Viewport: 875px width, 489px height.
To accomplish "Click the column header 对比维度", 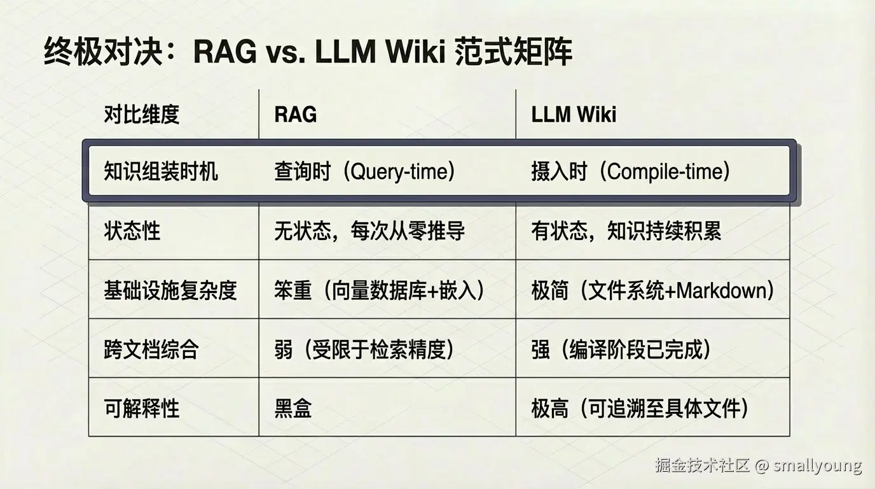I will (x=142, y=115).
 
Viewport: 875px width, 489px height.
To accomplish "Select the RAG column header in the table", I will (x=296, y=115).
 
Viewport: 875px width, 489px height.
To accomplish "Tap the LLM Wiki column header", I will (x=574, y=115).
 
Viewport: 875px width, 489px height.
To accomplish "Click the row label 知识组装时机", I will (x=161, y=172).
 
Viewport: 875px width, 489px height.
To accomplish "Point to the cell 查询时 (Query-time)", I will (x=365, y=172).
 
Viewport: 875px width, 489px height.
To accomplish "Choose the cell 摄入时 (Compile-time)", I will (x=631, y=172).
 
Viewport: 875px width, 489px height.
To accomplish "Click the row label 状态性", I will (x=132, y=231).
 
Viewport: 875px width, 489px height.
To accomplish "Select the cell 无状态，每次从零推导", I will (x=369, y=231).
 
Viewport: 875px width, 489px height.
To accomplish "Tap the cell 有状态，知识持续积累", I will (x=626, y=231).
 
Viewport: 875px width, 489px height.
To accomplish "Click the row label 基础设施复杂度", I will (x=170, y=290).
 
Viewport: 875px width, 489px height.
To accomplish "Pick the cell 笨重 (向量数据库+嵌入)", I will (x=380, y=290).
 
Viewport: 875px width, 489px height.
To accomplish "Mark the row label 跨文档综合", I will (x=151, y=350).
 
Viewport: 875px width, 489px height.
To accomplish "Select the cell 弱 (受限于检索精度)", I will (x=365, y=350).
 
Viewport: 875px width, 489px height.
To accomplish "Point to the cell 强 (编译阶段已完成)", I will (x=621, y=350).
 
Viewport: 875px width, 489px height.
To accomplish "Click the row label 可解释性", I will (x=142, y=408).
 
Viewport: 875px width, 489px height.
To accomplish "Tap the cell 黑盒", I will (x=293, y=408).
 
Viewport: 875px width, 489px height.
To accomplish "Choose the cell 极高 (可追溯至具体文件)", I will (x=640, y=408).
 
